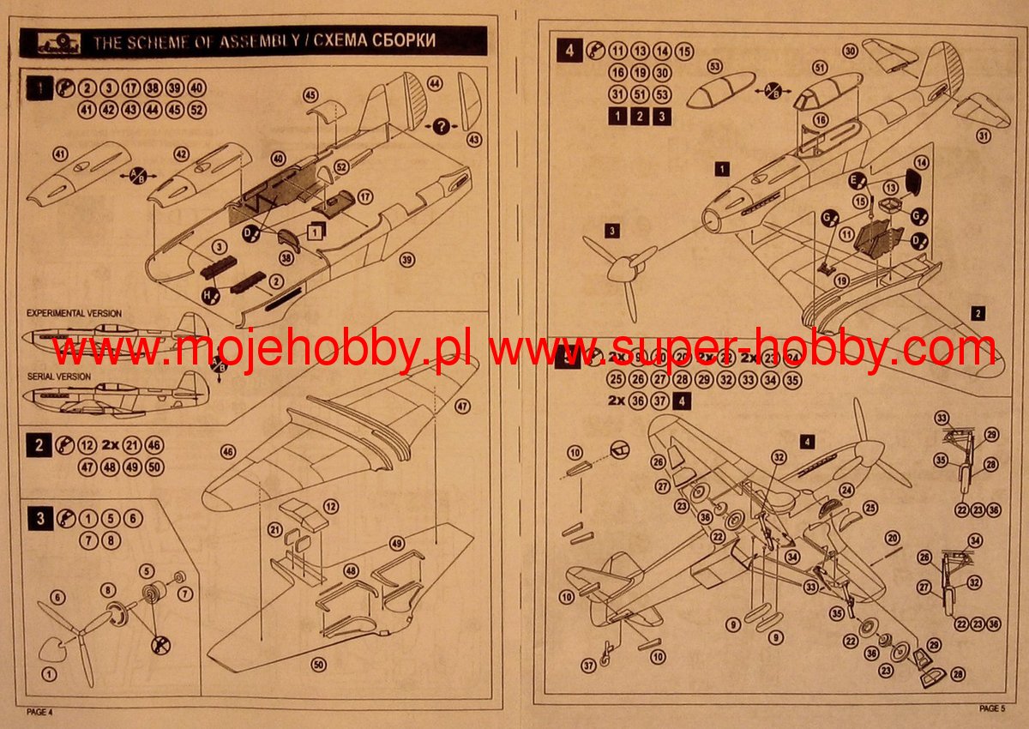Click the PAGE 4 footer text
pos(39,712)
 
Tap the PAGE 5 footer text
pos(992,708)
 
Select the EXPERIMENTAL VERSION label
pos(74,314)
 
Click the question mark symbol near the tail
pos(442,126)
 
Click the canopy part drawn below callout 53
pos(718,93)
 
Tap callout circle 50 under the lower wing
pos(319,664)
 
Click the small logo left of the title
pos(53,42)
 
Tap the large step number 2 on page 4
pos(39,445)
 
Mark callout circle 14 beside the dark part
pos(922,162)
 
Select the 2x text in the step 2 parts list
pos(110,445)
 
